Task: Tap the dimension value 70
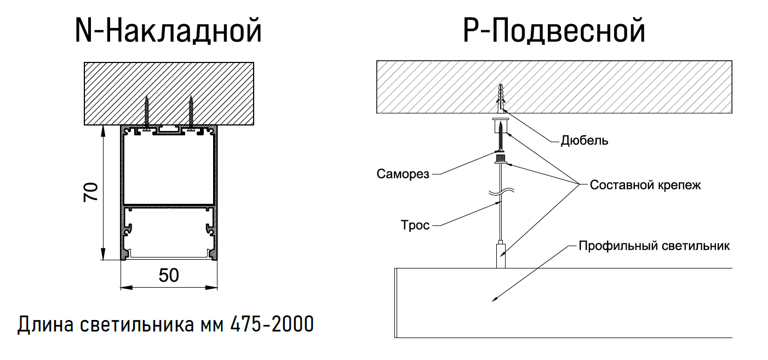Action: click(91, 192)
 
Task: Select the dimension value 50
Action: click(169, 275)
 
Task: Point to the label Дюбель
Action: click(584, 141)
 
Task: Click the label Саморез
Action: click(403, 174)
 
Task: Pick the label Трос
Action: click(415, 225)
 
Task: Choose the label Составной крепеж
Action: click(645, 185)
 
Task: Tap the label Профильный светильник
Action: click(654, 245)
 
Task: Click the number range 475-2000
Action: click(272, 324)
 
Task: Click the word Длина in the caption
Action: click(46, 324)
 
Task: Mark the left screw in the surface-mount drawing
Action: click(147, 112)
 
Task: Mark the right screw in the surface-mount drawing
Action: click(191, 112)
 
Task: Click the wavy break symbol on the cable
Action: click(501, 192)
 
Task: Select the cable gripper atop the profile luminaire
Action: click(501, 255)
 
